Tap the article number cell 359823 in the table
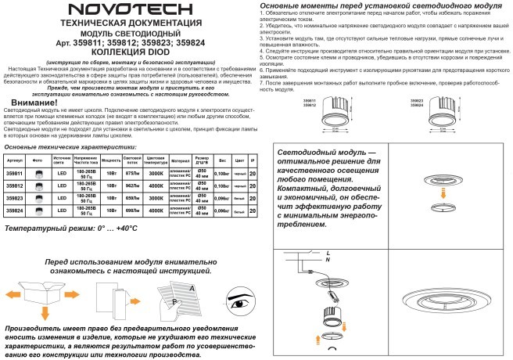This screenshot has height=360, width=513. click(x=14, y=198)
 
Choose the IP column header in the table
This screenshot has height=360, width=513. click(x=252, y=159)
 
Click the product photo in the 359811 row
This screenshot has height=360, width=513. click(x=38, y=172)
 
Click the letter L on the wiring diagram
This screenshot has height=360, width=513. click(x=328, y=251)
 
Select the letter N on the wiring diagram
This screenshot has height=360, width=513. click(x=328, y=258)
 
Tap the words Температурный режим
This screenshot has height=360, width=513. click(x=50, y=229)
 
